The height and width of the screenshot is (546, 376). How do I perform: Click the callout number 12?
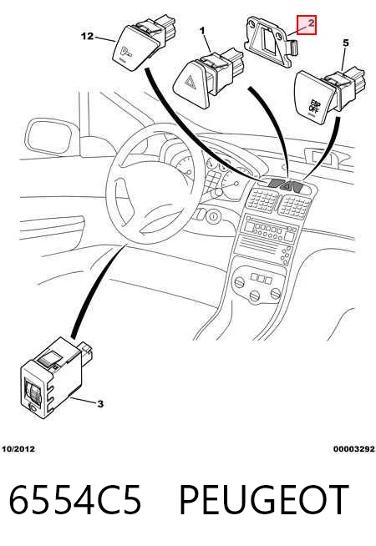[x=88, y=36]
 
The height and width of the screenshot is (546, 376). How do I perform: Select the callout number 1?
[x=202, y=31]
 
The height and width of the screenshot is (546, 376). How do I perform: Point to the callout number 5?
[x=345, y=43]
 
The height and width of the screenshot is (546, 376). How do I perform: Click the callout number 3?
[x=100, y=404]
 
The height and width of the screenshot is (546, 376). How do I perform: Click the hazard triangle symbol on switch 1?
[x=191, y=83]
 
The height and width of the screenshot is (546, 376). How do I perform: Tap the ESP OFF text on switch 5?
[x=314, y=105]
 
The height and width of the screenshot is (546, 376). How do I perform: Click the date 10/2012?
[x=18, y=449]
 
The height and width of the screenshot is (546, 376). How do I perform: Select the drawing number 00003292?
[x=353, y=449]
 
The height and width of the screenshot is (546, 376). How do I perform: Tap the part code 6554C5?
[x=75, y=500]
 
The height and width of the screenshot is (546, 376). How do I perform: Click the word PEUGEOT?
[x=264, y=500]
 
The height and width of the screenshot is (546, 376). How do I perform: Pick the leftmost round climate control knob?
[x=240, y=282]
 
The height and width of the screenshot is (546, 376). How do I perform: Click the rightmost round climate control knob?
[x=276, y=294]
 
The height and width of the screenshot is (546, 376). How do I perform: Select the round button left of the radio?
[x=212, y=217]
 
